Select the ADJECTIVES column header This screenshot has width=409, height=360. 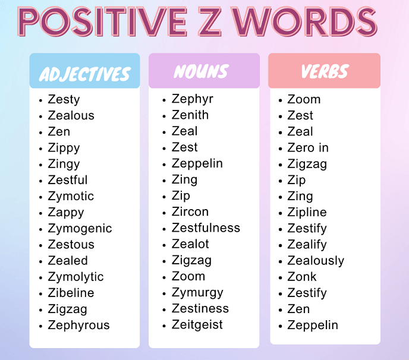click(84, 74)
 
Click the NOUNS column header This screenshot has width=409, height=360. click(201, 72)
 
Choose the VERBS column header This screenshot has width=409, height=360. click(324, 72)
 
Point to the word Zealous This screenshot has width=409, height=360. click(71, 115)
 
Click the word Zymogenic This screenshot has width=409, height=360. click(80, 228)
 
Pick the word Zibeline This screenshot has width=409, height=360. click(71, 293)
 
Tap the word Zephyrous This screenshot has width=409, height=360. click(78, 326)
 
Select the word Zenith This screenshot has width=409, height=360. click(190, 115)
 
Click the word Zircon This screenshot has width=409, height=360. click(190, 211)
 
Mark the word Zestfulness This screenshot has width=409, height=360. click(206, 228)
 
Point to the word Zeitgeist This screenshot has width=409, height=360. click(197, 324)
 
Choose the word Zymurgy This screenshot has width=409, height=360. click(197, 292)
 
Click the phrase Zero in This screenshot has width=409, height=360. click(308, 147)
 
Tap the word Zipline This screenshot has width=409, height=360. click(307, 212)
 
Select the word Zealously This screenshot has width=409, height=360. click(316, 260)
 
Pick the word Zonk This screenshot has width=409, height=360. click(302, 276)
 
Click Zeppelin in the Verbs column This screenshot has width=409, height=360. click(313, 325)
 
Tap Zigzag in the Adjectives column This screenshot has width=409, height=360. click(67, 309)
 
